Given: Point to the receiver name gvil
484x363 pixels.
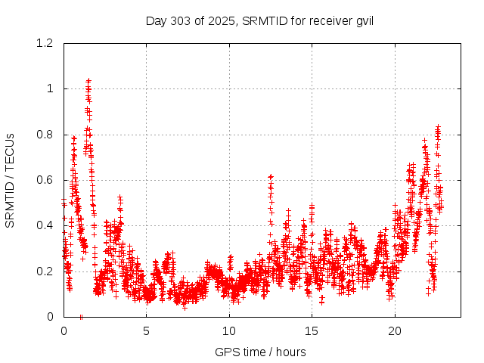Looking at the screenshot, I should [362, 20].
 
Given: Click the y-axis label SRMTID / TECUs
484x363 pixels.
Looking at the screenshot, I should [10, 180].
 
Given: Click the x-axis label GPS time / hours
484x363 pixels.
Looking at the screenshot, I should [260, 352].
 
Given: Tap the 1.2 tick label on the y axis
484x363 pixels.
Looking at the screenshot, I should [45, 43].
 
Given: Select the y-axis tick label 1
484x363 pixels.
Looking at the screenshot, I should [50, 88].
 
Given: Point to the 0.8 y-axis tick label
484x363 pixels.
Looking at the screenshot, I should [45, 135].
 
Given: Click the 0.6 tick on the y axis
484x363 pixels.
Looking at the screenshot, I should [45, 180].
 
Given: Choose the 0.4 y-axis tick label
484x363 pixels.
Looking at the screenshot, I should [45, 225].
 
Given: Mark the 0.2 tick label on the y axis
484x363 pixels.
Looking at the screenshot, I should [45, 271].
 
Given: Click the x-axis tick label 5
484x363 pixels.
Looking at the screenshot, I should [146, 330].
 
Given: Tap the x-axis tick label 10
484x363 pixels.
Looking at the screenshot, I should [229, 330].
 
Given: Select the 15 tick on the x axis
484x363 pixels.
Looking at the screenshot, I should [312, 330].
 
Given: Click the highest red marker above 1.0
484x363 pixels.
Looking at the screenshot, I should [88, 80].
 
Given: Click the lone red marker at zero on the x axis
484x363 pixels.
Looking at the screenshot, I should [81, 316].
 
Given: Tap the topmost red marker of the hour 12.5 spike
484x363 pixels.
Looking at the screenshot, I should [271, 176].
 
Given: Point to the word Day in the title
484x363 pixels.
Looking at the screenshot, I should [156, 20].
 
